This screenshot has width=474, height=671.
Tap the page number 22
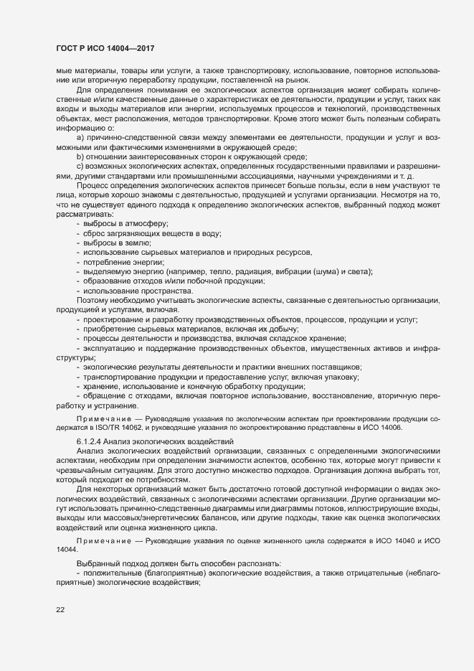point(60,609)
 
